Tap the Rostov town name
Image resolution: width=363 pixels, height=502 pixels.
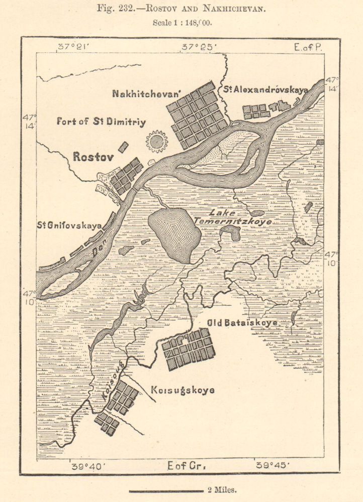click(x=94, y=157)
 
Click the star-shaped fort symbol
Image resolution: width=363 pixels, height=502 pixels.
click(x=156, y=142)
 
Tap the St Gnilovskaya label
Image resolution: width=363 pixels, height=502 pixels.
click(x=69, y=225)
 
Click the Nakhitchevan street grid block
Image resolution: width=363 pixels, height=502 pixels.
click(x=197, y=115)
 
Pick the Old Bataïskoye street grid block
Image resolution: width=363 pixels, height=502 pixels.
click(x=188, y=349)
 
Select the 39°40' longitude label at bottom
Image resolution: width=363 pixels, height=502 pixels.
click(x=88, y=466)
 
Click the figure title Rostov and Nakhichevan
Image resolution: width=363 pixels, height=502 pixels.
click(x=181, y=9)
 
